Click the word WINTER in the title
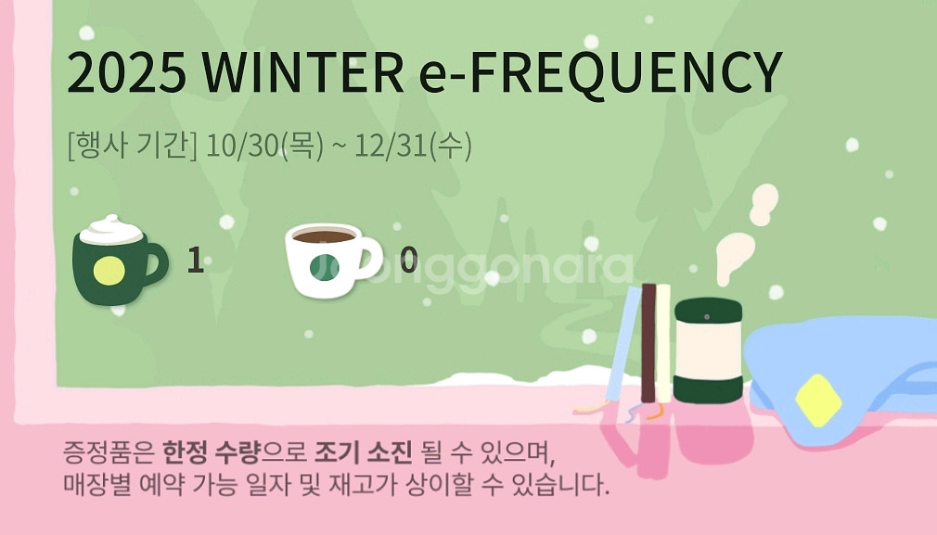[302, 72]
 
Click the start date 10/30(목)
[266, 146]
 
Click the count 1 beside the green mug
[195, 261]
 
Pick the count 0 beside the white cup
[408, 261]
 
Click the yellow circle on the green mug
[109, 272]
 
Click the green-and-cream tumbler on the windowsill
[709, 351]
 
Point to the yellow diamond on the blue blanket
[818, 400]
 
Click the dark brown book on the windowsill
[648, 343]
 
